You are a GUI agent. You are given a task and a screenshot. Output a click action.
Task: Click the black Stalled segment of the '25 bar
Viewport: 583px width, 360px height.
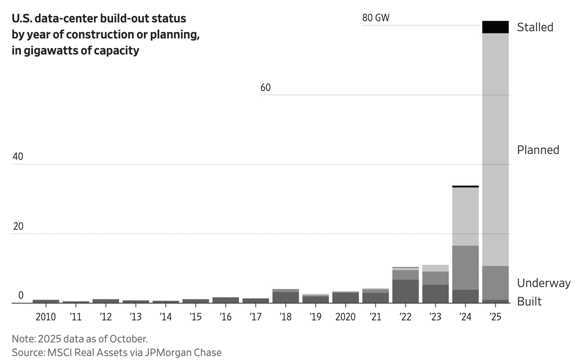pyautogui.click(x=495, y=27)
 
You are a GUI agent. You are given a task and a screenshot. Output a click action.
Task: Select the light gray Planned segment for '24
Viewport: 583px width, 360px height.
pyautogui.click(x=465, y=216)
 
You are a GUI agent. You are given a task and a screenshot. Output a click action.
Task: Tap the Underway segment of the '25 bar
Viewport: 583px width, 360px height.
pyautogui.click(x=495, y=283)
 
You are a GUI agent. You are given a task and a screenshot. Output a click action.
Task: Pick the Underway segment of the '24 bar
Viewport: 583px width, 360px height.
pyautogui.click(x=465, y=268)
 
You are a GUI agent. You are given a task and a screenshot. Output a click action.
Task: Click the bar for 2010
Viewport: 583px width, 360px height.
pyautogui.click(x=46, y=301)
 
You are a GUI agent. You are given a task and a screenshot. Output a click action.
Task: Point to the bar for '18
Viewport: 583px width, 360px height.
pyautogui.click(x=286, y=296)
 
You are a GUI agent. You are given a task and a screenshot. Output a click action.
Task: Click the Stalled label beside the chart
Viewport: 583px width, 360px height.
pyautogui.click(x=535, y=27)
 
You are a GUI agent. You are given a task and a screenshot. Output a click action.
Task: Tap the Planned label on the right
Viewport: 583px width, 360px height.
pyautogui.click(x=538, y=150)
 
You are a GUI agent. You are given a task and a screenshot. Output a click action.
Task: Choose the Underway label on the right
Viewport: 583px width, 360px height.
pyautogui.click(x=544, y=283)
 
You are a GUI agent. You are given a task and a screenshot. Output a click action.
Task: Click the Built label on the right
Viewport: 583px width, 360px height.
pyautogui.click(x=529, y=301)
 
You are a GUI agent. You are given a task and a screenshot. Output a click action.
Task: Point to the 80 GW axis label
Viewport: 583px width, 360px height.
pyautogui.click(x=376, y=18)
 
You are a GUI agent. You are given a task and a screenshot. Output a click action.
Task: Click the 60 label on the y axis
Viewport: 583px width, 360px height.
pyautogui.click(x=265, y=88)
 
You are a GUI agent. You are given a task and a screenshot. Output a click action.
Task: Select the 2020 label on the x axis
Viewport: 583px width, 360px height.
pyautogui.click(x=345, y=317)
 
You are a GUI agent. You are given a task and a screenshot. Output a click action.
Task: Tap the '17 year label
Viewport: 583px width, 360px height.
pyautogui.click(x=256, y=317)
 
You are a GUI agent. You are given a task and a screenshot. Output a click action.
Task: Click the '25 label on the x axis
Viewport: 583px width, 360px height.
pyautogui.click(x=496, y=317)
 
